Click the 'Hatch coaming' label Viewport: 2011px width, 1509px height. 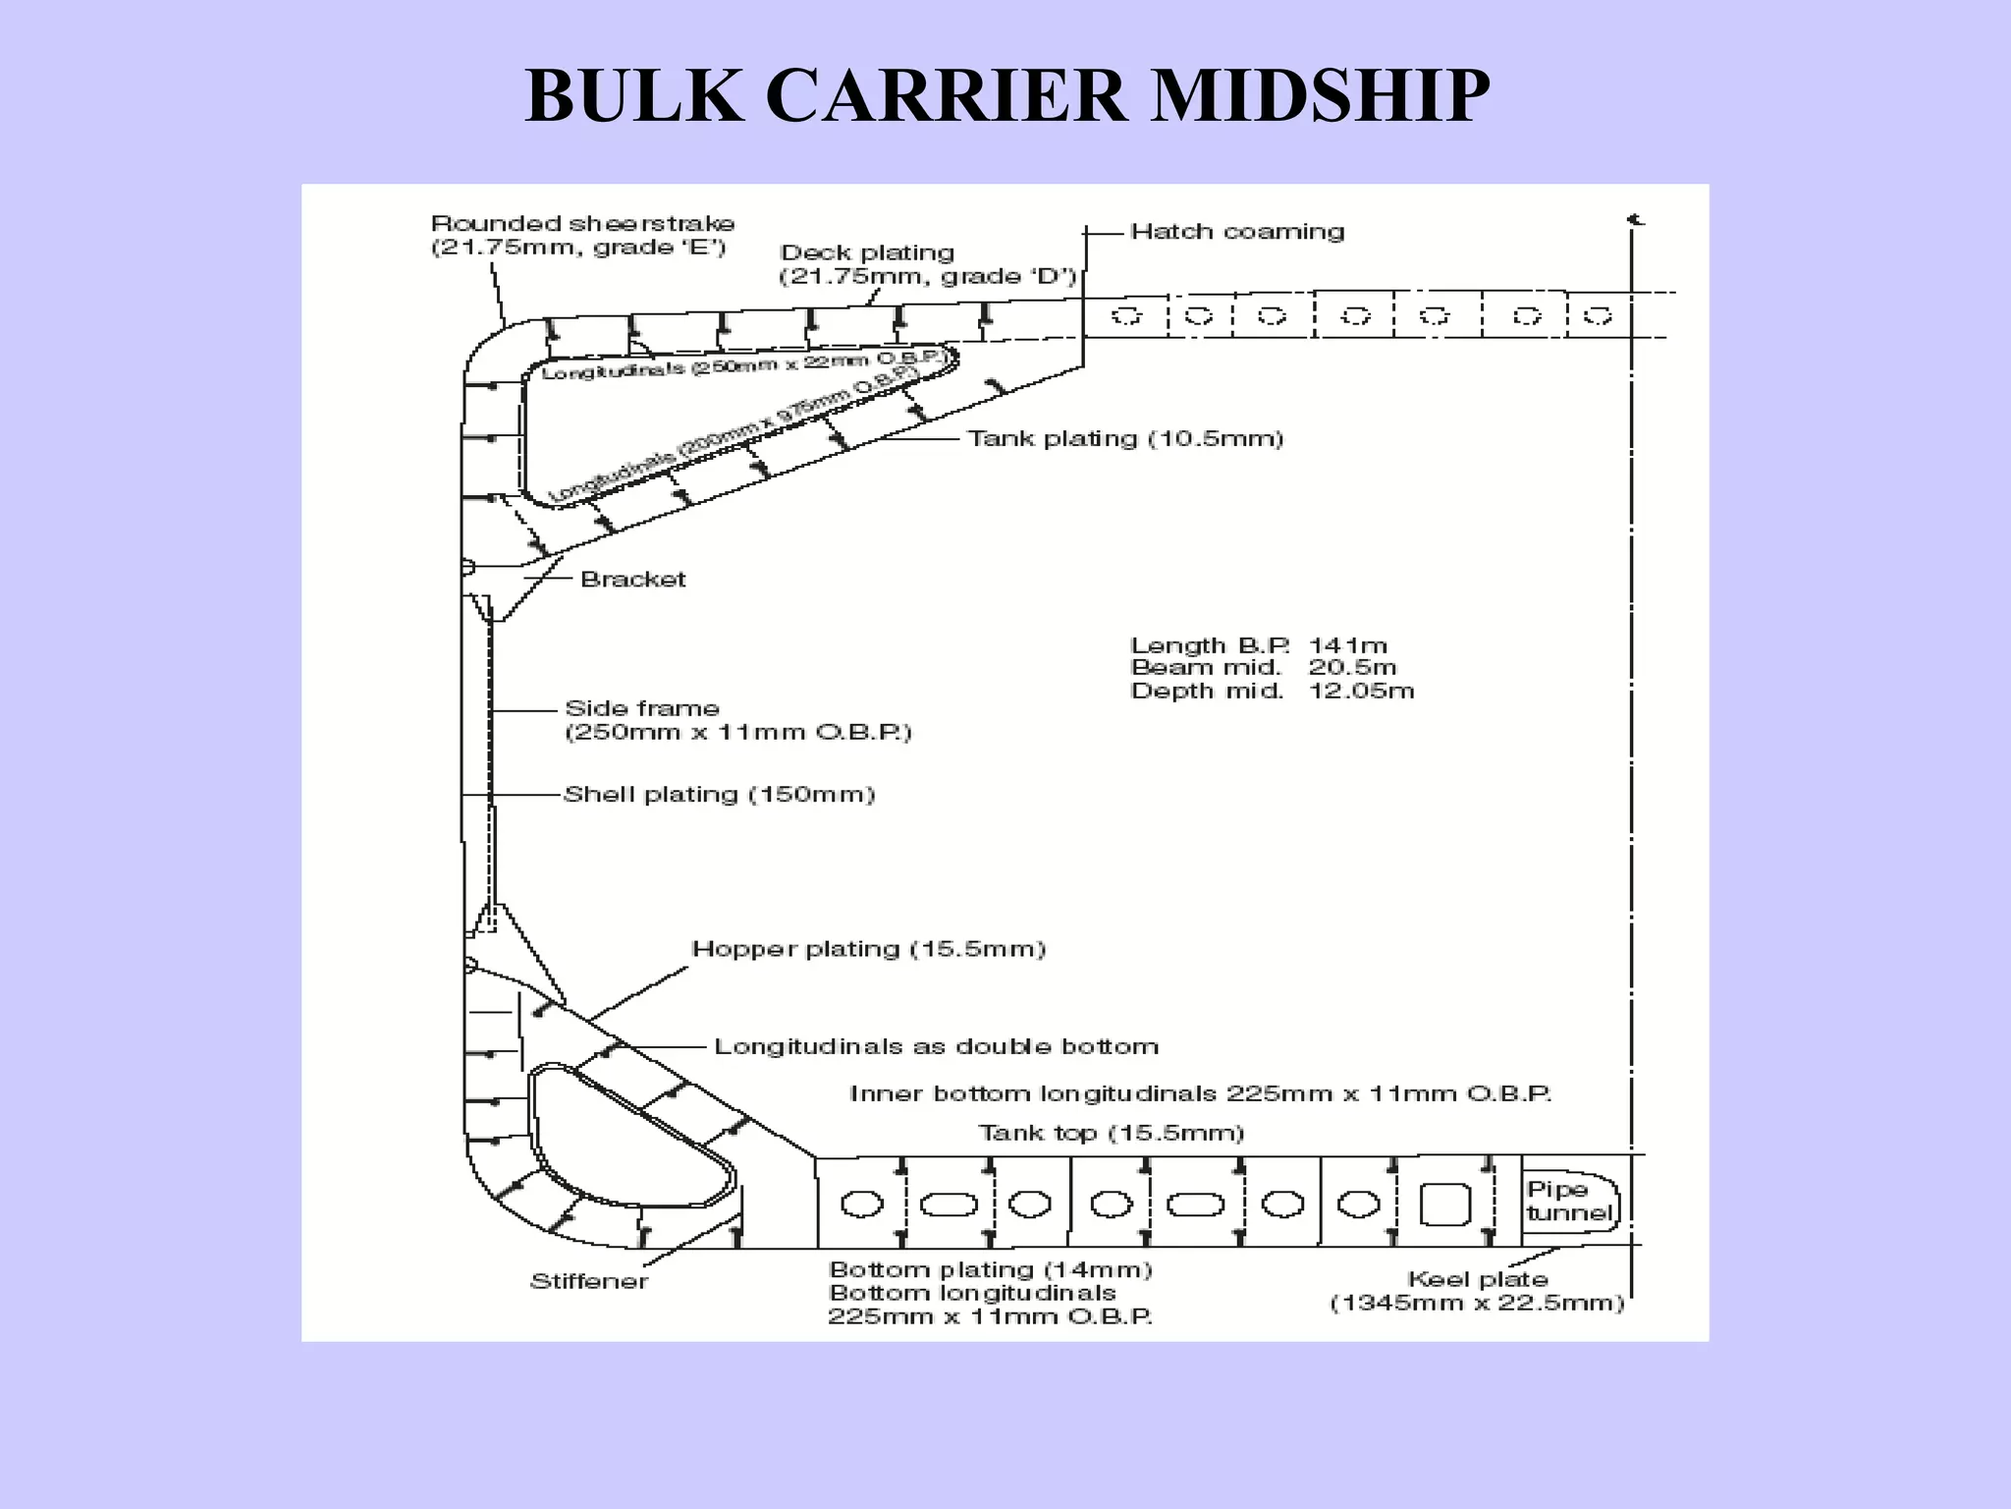[1237, 232]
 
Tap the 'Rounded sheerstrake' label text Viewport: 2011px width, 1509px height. [582, 224]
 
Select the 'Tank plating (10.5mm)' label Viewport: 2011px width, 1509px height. [1125, 438]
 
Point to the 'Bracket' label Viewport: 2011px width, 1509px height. [633, 579]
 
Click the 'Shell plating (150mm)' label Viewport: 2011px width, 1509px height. [719, 794]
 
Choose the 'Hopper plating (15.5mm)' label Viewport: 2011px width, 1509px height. [869, 949]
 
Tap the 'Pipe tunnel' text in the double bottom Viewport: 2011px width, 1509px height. [1568, 1201]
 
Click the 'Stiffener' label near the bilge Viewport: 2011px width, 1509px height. [589, 1281]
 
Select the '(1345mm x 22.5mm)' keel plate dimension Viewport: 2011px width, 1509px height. [1477, 1304]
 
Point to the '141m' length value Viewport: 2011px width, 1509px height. [1347, 645]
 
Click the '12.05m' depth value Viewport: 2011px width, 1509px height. [1361, 691]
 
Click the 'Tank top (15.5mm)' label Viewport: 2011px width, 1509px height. [1112, 1133]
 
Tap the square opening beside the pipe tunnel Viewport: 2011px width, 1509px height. [1444, 1203]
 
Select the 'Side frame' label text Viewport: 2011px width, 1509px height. [642, 708]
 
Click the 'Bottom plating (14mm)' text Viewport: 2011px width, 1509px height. [990, 1269]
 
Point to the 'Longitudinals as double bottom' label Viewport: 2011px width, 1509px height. [936, 1046]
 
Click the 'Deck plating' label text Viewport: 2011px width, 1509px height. [867, 253]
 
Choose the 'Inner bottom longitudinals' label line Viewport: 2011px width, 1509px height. [1200, 1093]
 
